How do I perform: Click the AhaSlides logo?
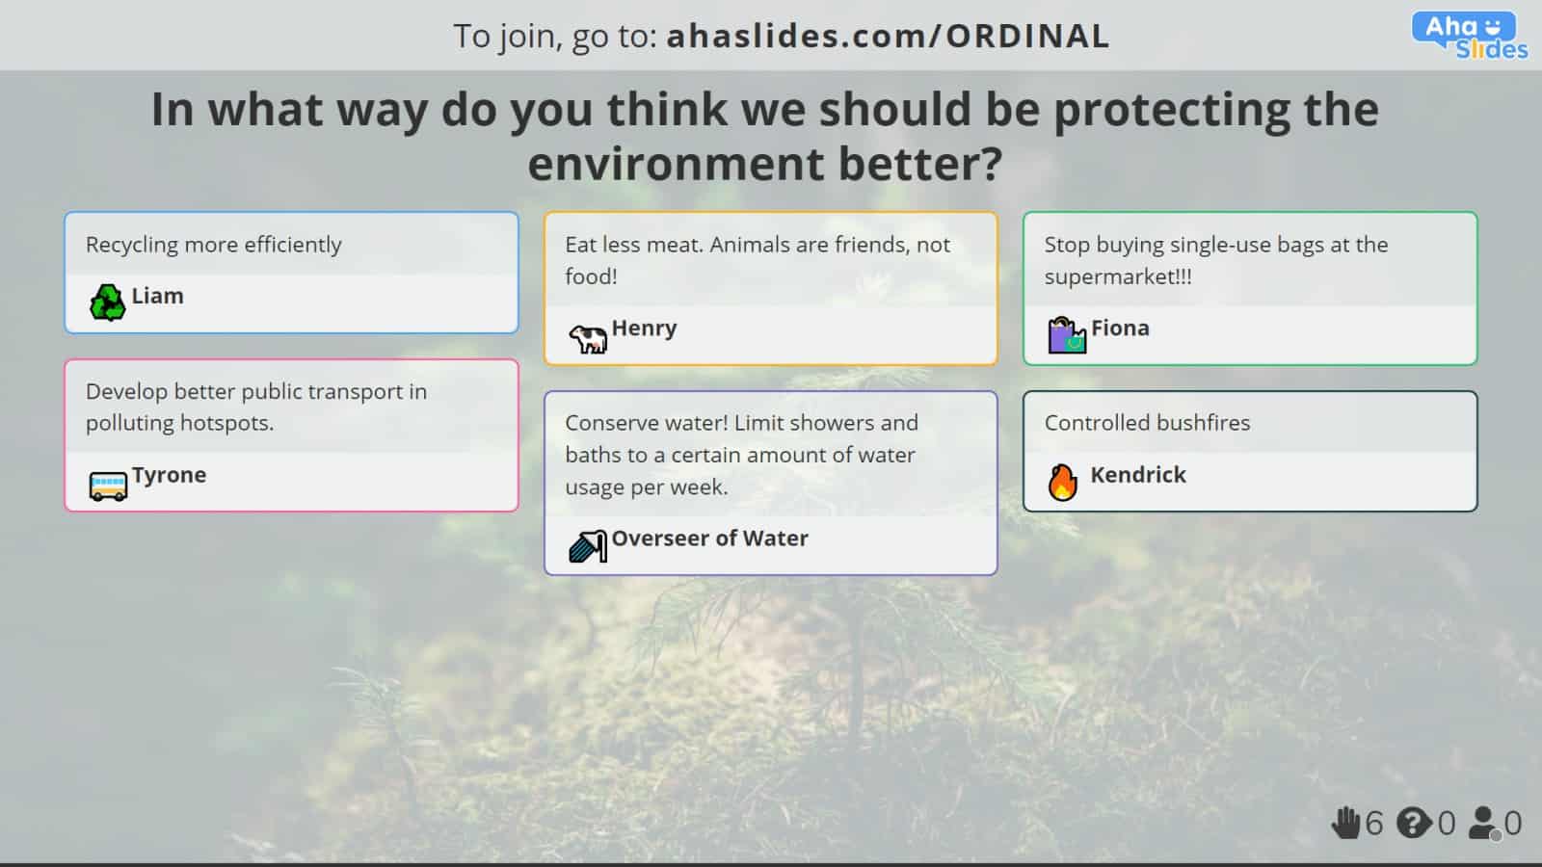coord(1469,36)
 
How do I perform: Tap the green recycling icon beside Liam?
coord(107,302)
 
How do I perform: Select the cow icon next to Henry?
coord(588,338)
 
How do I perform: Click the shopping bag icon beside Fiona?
coord(1066,335)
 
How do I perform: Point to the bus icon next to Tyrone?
coord(108,486)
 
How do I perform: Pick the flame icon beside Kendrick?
coord(1062,482)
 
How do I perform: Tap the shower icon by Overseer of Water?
coord(588,546)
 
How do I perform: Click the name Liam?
coord(158,296)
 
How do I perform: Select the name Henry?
coord(645,328)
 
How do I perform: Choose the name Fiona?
coord(1121,328)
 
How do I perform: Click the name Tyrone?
coord(170,476)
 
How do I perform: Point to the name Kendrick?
coord(1138,475)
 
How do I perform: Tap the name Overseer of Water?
coord(709,539)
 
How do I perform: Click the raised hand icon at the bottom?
coord(1345,823)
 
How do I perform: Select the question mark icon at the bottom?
coord(1414,823)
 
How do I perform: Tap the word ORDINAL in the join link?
coord(1028,37)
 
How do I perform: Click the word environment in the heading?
coord(676,165)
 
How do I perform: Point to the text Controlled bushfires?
coord(1147,423)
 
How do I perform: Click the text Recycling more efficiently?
coord(213,245)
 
